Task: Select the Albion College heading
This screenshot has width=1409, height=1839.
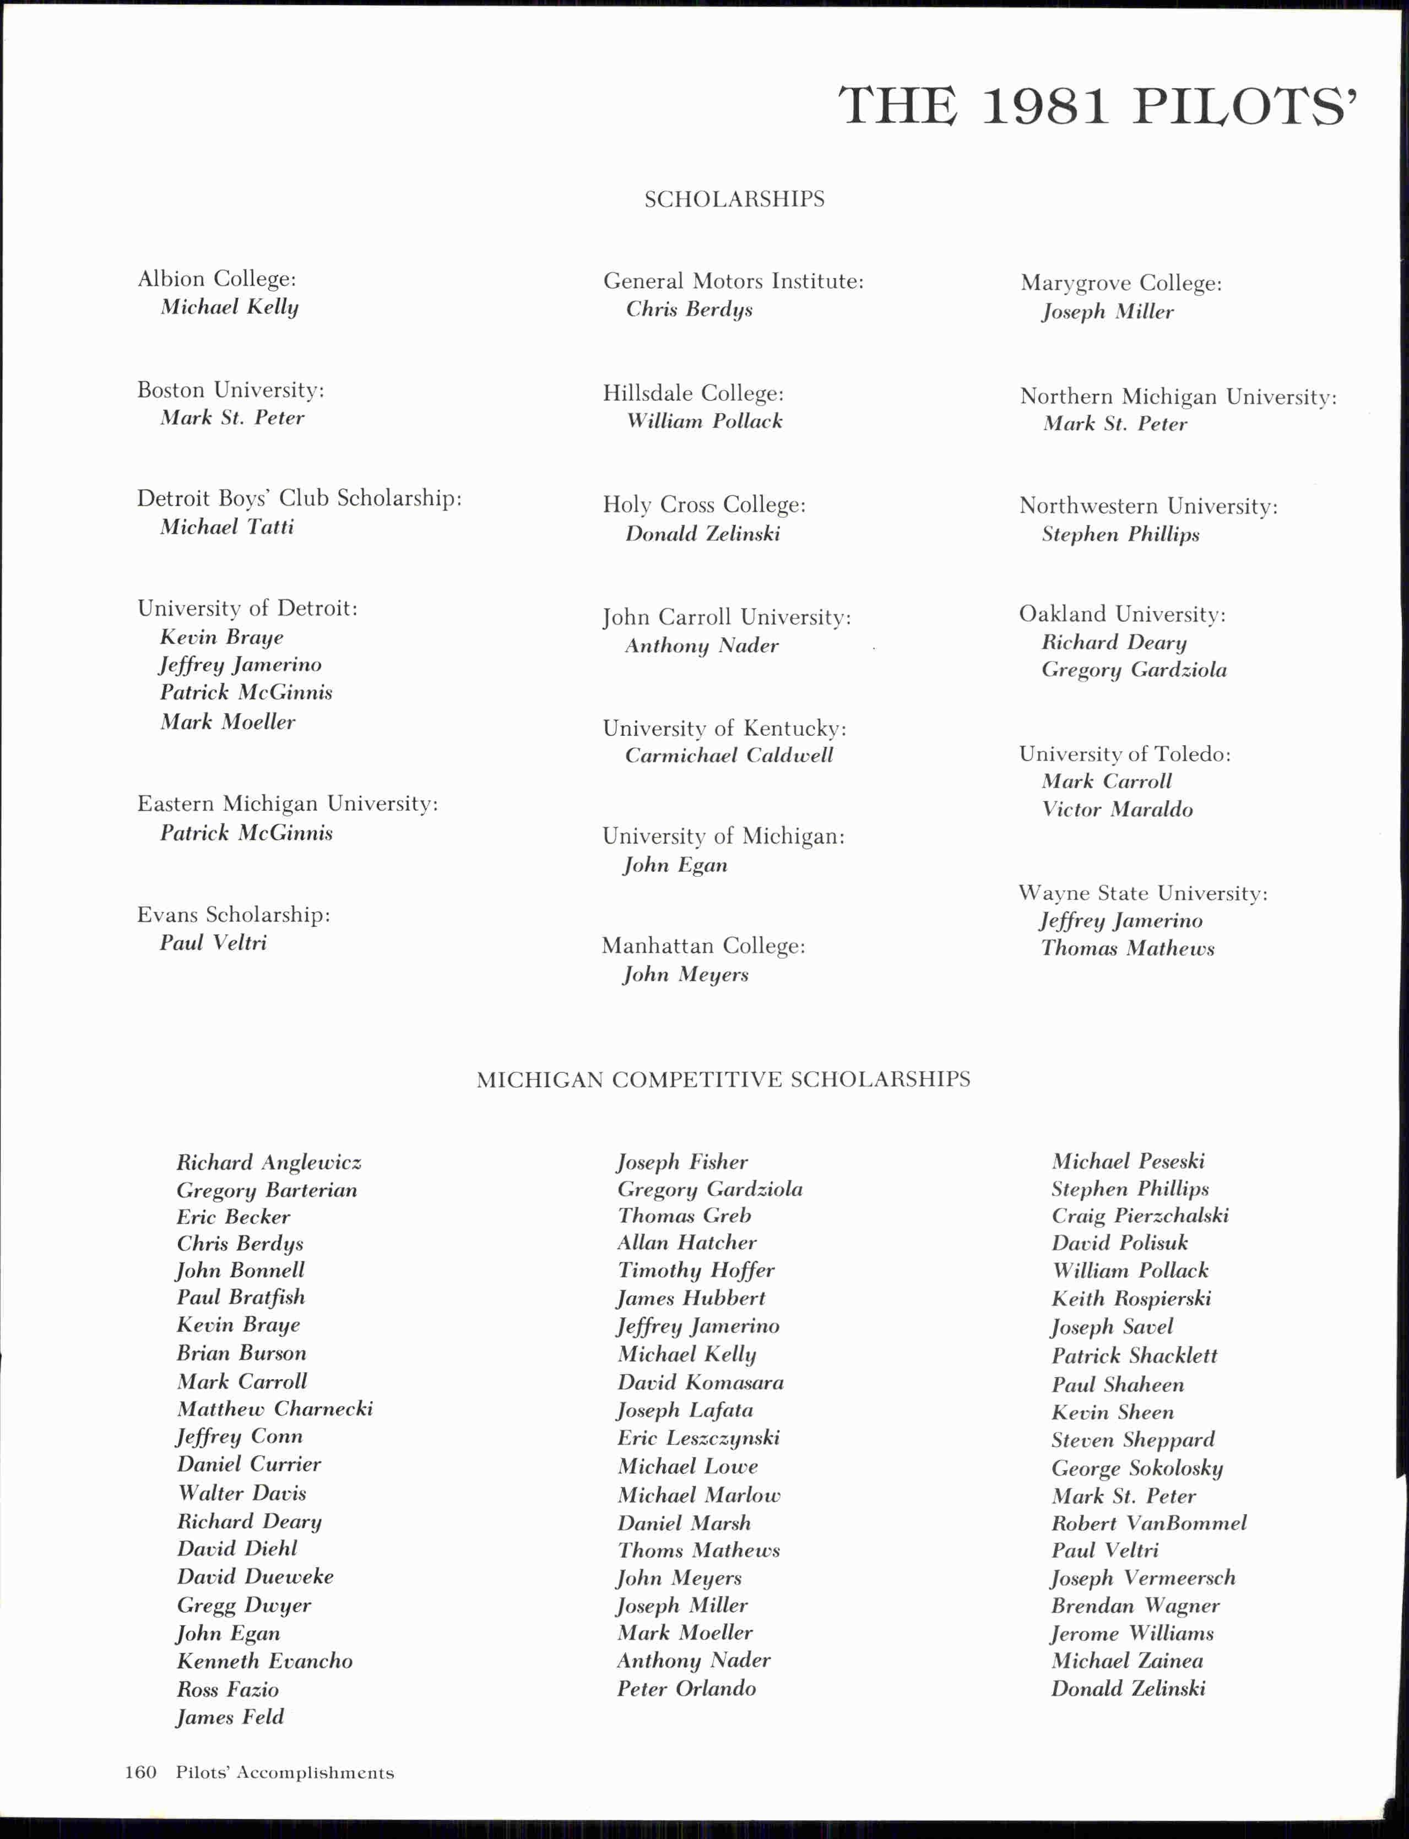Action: pos(216,278)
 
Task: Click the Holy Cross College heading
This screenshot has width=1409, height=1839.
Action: pos(703,505)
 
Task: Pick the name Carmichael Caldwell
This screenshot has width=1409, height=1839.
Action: pos(729,756)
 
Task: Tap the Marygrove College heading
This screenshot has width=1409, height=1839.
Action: pos(1120,284)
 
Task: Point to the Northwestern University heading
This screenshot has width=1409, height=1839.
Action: pos(1148,507)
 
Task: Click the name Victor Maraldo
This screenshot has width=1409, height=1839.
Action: pos(1117,809)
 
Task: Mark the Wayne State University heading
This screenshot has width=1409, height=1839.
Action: pos(1142,893)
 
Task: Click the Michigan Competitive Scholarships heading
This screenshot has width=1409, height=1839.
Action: pos(723,1079)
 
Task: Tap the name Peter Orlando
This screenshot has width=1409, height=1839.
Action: pos(686,1688)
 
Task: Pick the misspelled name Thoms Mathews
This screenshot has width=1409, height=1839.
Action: pos(698,1550)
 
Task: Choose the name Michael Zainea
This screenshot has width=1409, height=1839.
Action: pos(1126,1661)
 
